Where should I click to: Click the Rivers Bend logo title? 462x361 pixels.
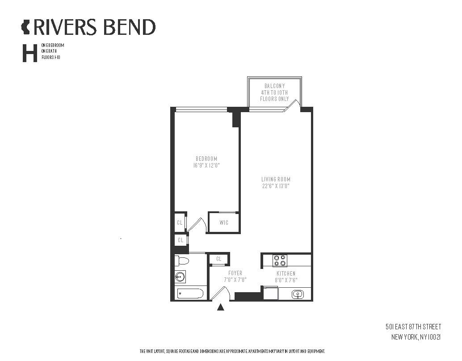point(88,27)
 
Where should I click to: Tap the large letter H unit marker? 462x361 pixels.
point(30,53)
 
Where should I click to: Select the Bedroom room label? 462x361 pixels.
point(206,159)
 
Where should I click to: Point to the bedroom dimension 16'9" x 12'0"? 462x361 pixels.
point(206,165)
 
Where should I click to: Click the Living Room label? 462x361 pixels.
point(276,179)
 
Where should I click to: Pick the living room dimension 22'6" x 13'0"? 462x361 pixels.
point(276,186)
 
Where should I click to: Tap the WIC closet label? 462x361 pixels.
point(224,222)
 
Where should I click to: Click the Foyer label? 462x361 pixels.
point(235,273)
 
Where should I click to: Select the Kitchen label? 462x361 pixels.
point(286,273)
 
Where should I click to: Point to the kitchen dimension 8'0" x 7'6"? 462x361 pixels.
point(286,280)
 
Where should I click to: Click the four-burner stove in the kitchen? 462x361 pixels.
point(280,260)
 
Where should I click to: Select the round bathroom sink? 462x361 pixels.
point(180,277)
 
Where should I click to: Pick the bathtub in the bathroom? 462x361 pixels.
point(190,294)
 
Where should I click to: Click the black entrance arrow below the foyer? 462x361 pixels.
point(221,307)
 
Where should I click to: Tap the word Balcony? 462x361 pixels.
point(275,86)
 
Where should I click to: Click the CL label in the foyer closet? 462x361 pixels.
point(218,259)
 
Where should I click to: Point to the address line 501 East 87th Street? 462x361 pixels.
point(413,327)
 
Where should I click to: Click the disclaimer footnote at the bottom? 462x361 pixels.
point(232,351)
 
